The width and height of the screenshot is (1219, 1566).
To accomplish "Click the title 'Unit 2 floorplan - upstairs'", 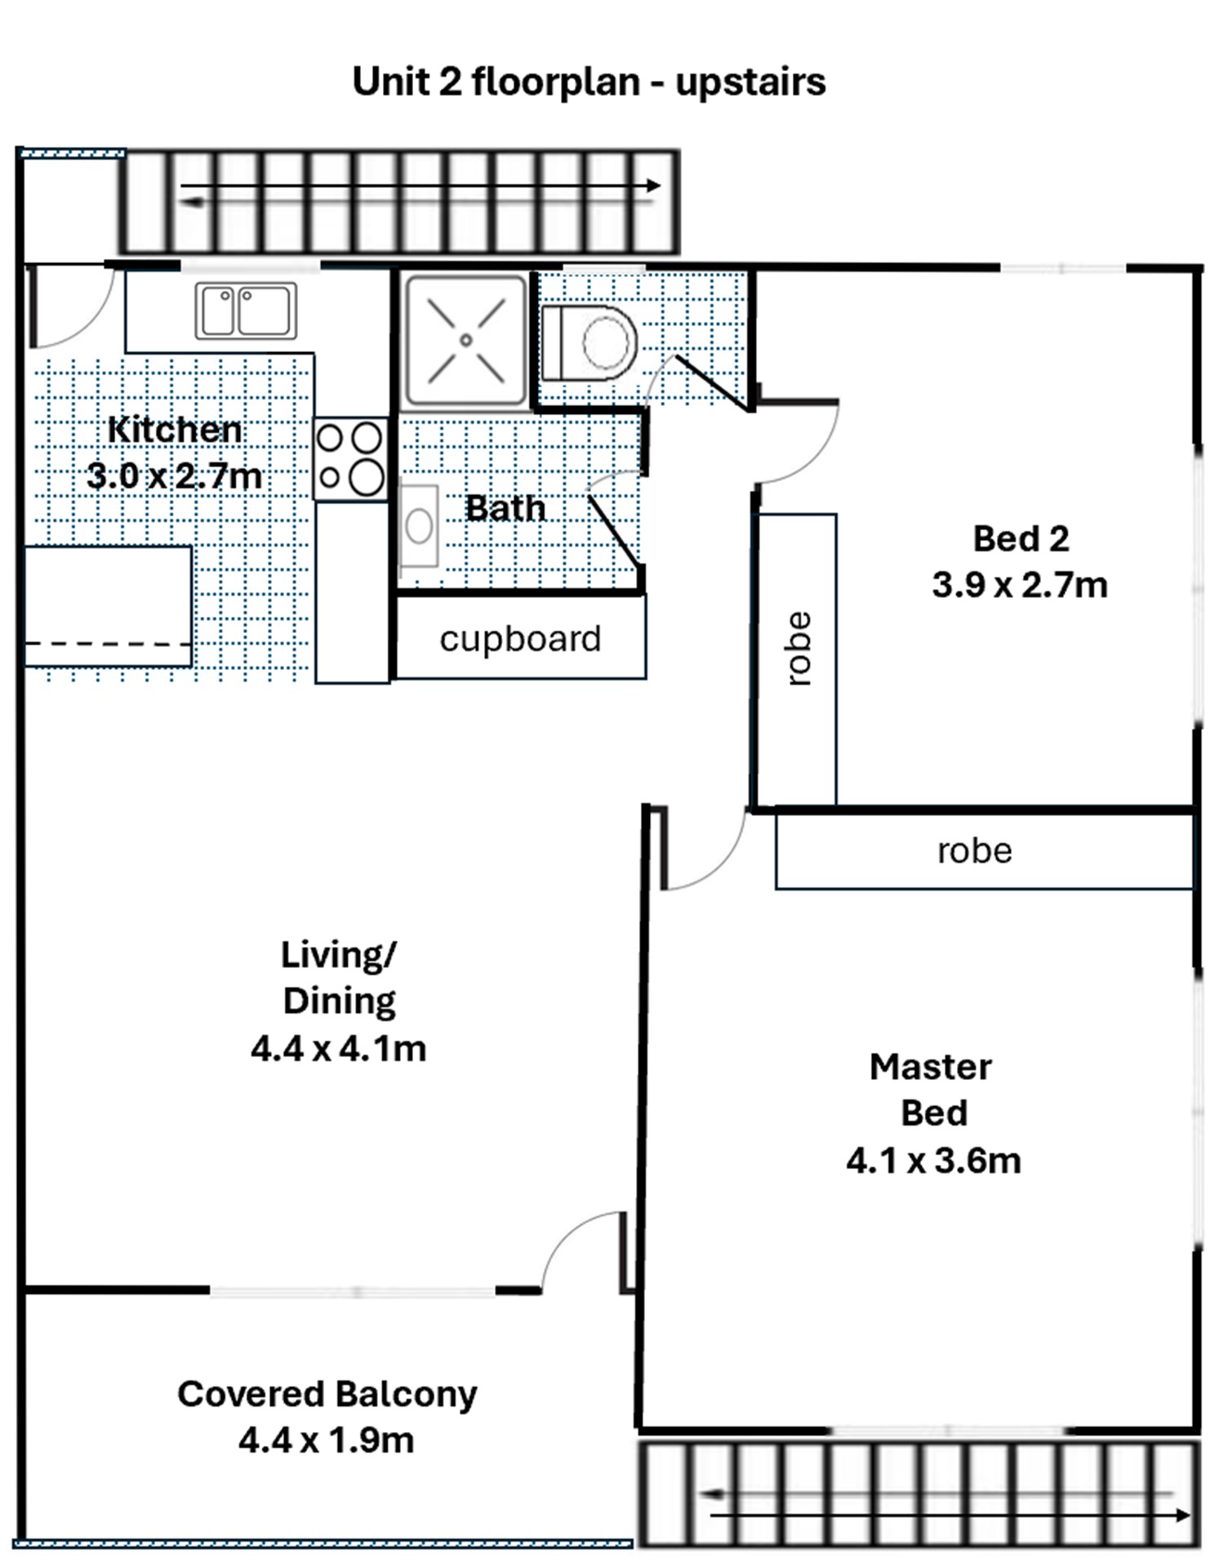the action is (x=589, y=83).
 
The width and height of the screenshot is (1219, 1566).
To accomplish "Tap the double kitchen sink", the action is (x=246, y=310).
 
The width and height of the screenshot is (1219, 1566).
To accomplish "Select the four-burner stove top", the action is (x=351, y=459).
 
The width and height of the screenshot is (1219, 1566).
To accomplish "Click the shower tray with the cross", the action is (x=466, y=340).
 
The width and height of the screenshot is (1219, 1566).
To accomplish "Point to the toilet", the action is (x=589, y=343).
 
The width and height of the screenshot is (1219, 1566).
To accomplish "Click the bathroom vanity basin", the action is (x=419, y=527).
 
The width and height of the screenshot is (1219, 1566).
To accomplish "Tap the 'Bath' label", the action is (x=505, y=508).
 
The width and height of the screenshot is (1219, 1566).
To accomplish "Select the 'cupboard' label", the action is (x=520, y=639).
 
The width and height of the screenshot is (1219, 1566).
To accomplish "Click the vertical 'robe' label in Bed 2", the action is (x=799, y=649).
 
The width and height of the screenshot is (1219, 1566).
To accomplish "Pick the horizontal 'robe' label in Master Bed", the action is (x=975, y=851).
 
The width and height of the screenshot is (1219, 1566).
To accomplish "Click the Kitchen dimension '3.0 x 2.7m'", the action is (x=175, y=475).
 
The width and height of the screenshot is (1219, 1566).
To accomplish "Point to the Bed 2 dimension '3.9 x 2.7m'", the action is (x=1020, y=585).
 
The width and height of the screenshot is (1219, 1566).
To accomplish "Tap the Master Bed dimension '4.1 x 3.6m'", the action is (x=933, y=1160).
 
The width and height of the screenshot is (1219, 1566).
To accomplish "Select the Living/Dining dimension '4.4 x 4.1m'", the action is (x=338, y=1048).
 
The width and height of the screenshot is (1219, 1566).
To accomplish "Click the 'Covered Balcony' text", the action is (x=327, y=1394).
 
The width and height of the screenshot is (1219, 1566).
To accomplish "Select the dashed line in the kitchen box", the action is (x=108, y=645).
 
